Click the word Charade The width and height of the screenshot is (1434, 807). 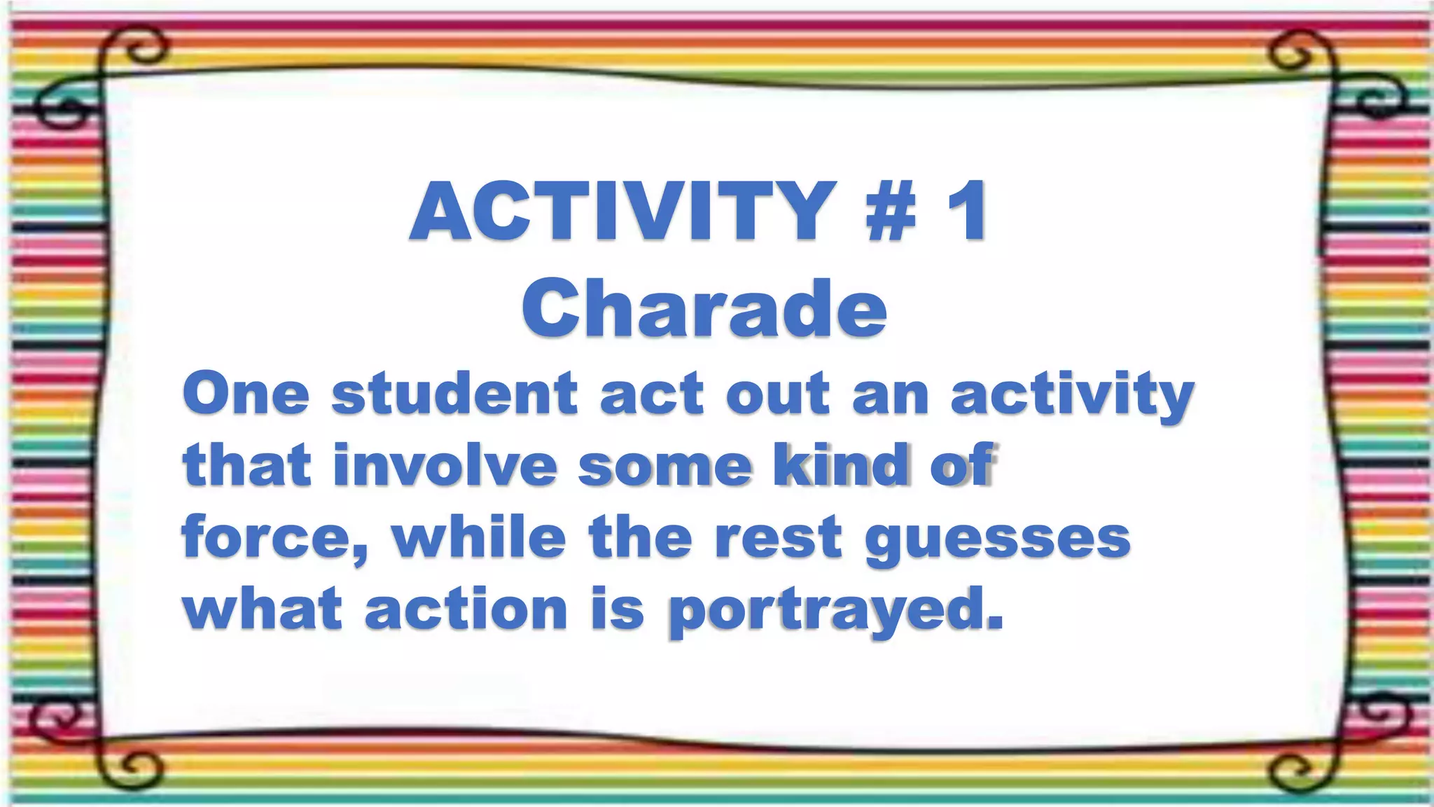704,309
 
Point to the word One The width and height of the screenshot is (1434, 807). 246,394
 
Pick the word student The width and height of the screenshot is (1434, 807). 454,394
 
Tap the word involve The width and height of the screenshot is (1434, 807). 445,465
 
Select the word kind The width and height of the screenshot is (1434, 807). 840,465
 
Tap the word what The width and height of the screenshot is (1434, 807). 263,609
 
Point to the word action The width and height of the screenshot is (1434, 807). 466,609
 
